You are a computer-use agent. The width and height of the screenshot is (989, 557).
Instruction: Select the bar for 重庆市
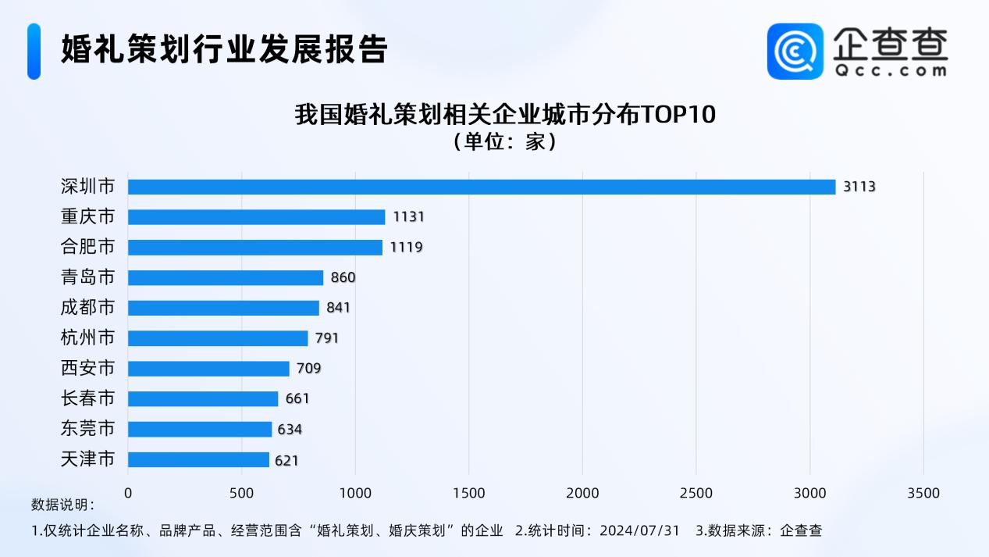tap(257, 217)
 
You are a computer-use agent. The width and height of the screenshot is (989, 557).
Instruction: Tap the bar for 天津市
tap(198, 460)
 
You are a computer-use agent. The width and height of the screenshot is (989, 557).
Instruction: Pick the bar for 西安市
tap(208, 369)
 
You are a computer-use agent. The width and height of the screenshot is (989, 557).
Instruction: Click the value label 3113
tap(859, 187)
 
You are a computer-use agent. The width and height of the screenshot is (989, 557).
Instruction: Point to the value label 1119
tap(406, 248)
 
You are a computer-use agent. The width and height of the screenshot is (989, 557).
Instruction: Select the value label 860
tap(343, 278)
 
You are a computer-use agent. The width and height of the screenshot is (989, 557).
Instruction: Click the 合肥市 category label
tap(87, 247)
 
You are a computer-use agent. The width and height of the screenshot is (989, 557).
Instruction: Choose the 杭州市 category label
tap(87, 338)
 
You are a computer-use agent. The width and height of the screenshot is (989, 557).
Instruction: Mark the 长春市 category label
tap(87, 398)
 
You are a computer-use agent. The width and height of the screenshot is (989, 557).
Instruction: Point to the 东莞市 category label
tap(87, 429)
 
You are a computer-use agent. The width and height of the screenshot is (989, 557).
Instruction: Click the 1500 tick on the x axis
tap(468, 494)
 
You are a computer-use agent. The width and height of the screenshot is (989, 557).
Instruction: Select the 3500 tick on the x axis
tap(923, 494)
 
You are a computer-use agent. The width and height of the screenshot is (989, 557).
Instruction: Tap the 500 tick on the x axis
tap(242, 494)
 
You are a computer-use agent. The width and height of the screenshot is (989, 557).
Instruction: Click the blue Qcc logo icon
tap(795, 51)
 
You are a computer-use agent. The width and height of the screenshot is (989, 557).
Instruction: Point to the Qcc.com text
tap(891, 70)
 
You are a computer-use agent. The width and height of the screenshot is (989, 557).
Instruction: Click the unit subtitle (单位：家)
tap(504, 142)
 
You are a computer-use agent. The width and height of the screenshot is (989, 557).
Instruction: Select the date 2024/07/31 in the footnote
tap(639, 530)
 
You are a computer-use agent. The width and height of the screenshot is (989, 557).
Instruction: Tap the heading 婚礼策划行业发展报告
tap(225, 49)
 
